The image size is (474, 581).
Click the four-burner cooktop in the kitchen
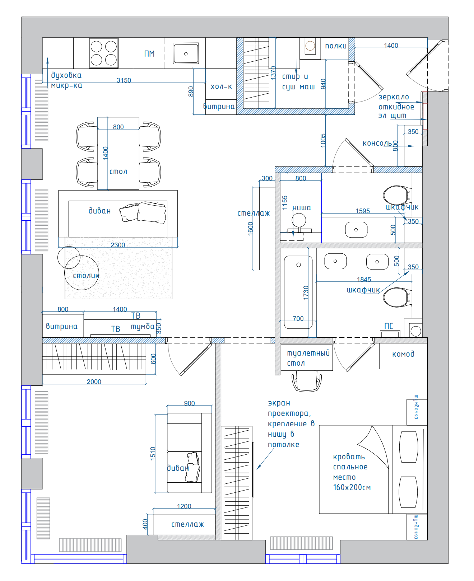click(x=104, y=53)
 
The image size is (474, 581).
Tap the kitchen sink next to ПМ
click(x=186, y=53)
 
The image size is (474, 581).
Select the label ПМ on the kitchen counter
click(x=149, y=54)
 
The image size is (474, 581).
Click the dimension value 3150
click(x=124, y=80)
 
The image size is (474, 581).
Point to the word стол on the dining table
click(x=118, y=172)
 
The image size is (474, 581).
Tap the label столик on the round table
click(x=86, y=275)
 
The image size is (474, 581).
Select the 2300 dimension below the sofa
click(x=118, y=245)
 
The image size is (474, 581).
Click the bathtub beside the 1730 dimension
click(x=298, y=292)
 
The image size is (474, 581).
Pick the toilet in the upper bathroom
click(x=397, y=195)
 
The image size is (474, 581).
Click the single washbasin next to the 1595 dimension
click(x=356, y=230)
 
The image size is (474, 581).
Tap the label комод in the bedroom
click(x=403, y=354)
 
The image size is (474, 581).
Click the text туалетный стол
click(x=308, y=358)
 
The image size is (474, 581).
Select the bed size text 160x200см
click(x=352, y=487)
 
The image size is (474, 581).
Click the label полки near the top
click(x=336, y=46)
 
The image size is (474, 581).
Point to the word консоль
click(x=377, y=143)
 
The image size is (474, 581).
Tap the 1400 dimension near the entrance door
click(x=391, y=45)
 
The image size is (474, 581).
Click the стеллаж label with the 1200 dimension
click(x=187, y=524)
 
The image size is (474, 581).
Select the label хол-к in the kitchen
click(x=221, y=86)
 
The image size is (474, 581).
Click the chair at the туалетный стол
click(x=307, y=381)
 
